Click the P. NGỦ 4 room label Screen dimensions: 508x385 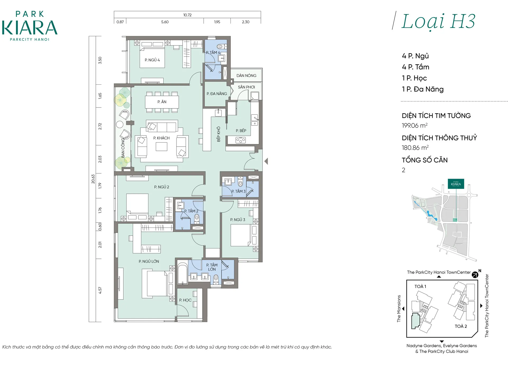(x=152, y=60)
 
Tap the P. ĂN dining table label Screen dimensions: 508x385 (x=162, y=102)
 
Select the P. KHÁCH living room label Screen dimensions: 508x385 (x=161, y=138)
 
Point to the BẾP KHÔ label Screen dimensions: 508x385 (x=219, y=134)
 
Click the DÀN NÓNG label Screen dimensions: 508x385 (x=246, y=76)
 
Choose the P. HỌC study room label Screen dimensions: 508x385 (x=185, y=300)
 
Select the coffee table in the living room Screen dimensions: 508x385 (x=161, y=147)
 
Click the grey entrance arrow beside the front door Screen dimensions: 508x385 (x=266, y=161)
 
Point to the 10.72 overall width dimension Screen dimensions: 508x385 (x=187, y=15)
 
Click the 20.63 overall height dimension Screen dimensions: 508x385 (x=93, y=179)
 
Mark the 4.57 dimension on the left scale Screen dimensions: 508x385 (x=100, y=290)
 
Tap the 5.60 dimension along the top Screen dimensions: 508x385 (x=165, y=22)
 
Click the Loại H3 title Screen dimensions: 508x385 (x=438, y=21)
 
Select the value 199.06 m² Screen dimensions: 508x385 (x=415, y=125)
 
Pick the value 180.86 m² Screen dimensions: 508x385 (x=415, y=148)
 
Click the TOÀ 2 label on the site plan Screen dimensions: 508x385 (x=461, y=326)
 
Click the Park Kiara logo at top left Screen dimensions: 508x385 (x=30, y=26)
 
